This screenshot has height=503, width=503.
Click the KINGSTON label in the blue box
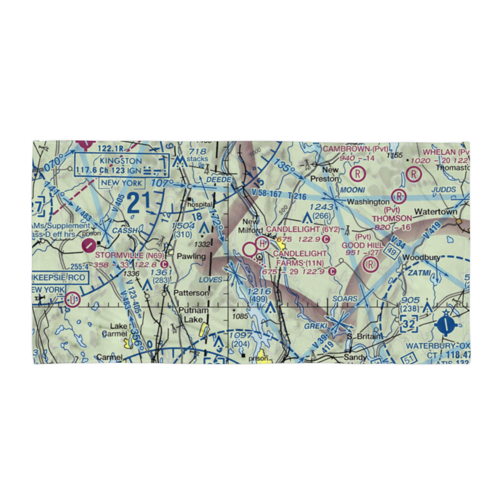click(x=121, y=160)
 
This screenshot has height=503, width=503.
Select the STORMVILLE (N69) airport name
click(x=125, y=256)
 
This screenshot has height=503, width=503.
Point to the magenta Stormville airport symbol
click(x=89, y=245)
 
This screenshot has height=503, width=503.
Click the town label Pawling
click(x=192, y=256)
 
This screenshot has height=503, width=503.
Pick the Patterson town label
click(x=191, y=292)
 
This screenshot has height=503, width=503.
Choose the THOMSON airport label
click(x=392, y=218)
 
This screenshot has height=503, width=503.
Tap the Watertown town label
click(x=435, y=211)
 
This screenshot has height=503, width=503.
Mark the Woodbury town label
click(x=422, y=257)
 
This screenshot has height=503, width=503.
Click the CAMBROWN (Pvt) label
click(x=356, y=149)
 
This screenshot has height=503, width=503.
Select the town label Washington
click(x=368, y=202)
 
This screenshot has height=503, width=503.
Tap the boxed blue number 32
click(x=409, y=325)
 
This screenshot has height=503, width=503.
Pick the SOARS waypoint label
click(x=346, y=299)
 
